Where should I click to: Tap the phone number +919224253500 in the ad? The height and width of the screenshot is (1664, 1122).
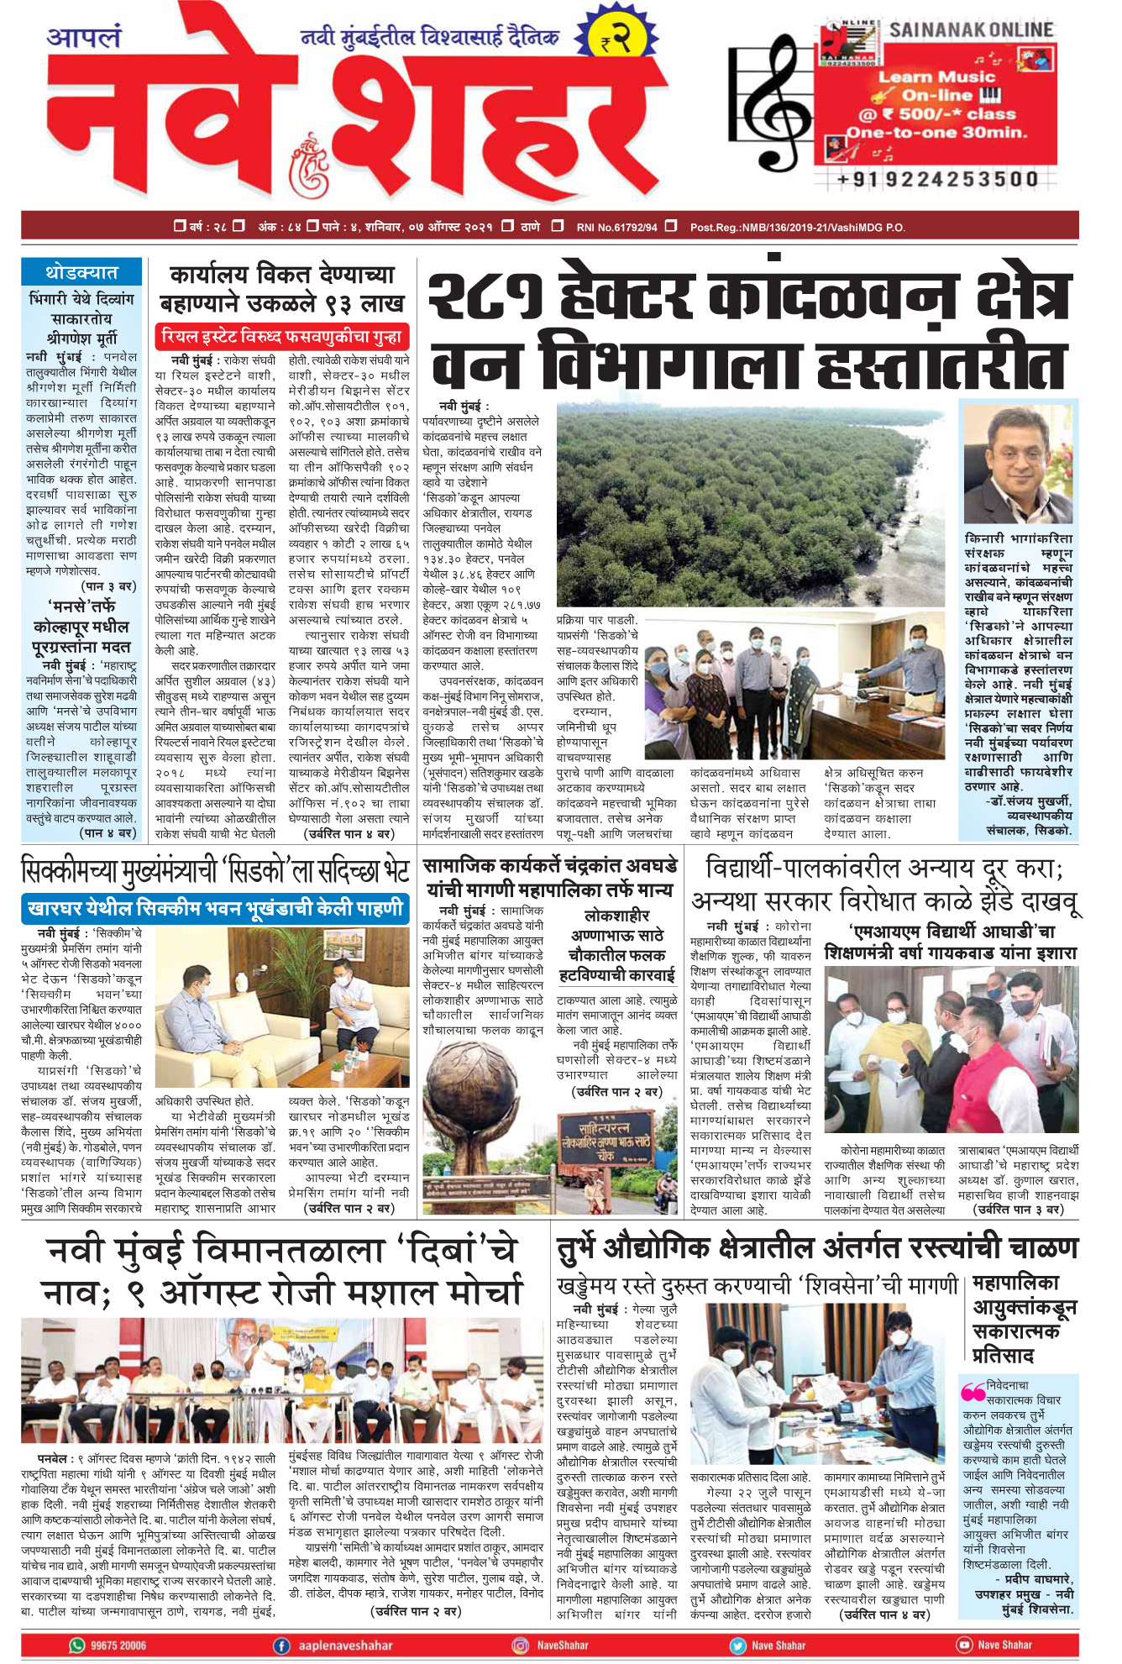coord(937,179)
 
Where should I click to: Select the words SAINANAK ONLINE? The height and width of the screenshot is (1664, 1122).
coord(971,29)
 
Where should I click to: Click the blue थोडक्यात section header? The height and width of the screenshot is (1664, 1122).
coord(81,272)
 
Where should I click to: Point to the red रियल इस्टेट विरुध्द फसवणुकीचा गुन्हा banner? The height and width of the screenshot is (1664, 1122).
coord(282,337)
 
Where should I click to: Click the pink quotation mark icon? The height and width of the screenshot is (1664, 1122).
coord(973,1392)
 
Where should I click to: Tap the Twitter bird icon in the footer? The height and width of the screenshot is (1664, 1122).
coord(737,1645)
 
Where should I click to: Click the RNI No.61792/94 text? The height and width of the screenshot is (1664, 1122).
coord(616,227)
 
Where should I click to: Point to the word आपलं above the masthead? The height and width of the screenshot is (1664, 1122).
coord(84,38)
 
